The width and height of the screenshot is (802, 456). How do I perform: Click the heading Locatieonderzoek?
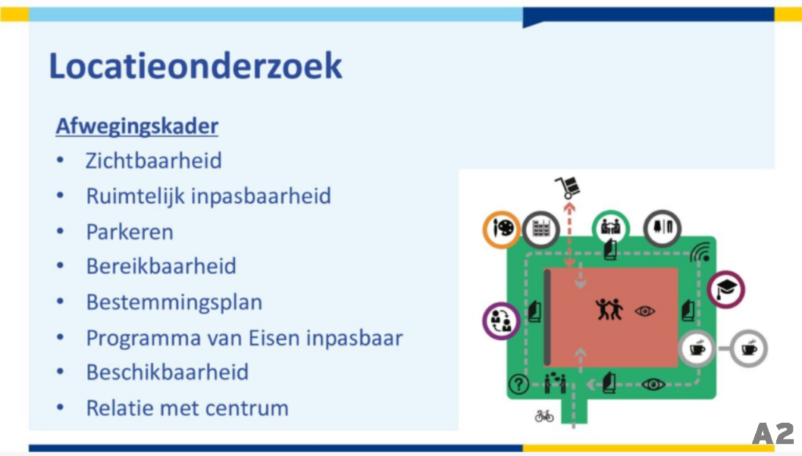195,66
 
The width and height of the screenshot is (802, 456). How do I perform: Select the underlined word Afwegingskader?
137,126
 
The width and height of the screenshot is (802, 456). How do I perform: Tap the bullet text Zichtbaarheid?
154,161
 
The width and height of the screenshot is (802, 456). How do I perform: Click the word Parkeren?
129,232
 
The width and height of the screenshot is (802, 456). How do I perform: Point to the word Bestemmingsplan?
174,302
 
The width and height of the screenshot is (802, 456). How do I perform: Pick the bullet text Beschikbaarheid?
168,372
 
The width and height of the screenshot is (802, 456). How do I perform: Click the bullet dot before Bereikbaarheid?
60,265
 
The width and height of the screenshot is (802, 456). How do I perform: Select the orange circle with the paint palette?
502,229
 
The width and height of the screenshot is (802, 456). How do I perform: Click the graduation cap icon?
726,288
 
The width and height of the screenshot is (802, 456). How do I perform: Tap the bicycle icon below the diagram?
544,415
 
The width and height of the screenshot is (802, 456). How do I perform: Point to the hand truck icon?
568,187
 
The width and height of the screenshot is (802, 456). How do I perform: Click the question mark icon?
518,383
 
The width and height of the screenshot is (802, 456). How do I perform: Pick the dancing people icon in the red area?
609,309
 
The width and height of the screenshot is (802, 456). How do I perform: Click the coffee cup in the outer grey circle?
749,349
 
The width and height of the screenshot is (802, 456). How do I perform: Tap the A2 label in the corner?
773,433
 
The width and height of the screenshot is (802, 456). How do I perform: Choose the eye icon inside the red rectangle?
645,310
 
